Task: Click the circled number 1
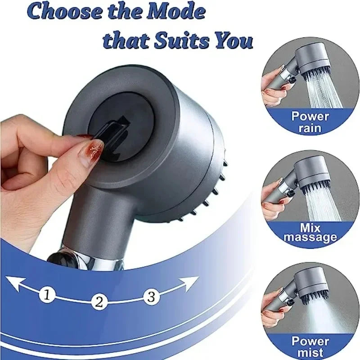point(48,295)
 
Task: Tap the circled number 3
point(151,296)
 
